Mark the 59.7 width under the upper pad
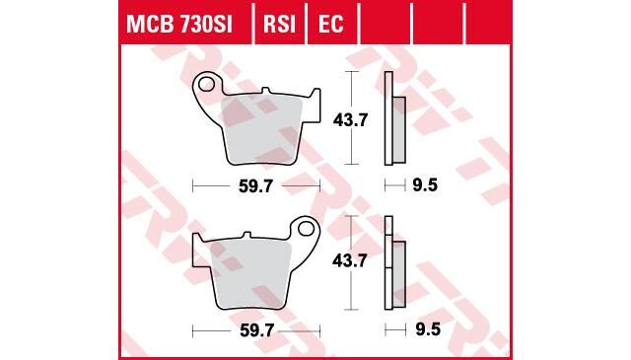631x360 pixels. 255,183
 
